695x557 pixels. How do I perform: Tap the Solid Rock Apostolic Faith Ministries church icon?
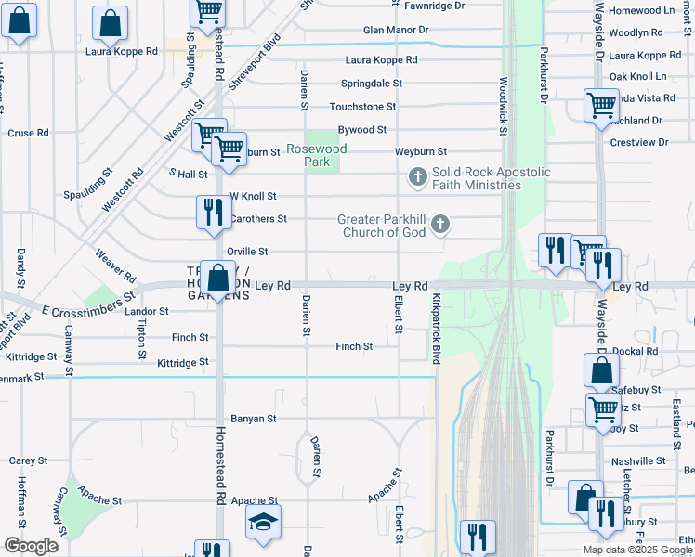(418, 175)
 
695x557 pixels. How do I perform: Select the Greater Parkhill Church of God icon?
(440, 224)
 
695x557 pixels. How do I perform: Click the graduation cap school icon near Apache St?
(263, 523)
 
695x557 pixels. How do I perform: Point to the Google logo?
(30, 546)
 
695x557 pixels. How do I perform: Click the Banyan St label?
(254, 419)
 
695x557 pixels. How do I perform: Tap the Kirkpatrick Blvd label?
(435, 329)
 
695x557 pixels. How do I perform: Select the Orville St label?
(247, 252)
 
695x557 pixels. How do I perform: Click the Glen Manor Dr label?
(396, 30)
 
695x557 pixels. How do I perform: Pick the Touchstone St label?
(362, 107)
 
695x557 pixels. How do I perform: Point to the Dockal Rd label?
(639, 351)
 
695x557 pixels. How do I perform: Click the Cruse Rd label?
(28, 133)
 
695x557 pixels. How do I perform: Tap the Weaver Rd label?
(115, 265)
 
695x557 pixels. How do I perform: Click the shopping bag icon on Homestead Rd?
(217, 278)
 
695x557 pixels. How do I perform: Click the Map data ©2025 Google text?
(636, 550)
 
